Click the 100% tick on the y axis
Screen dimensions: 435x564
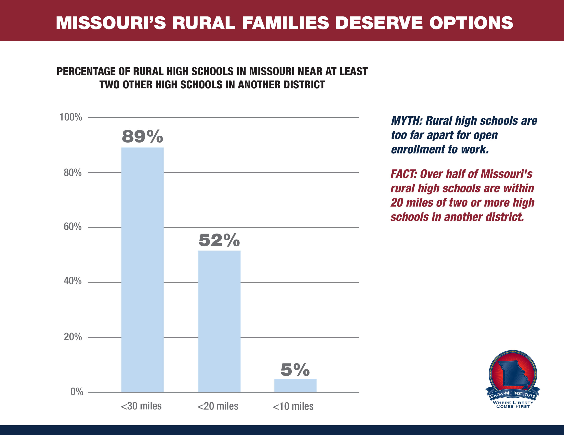71,117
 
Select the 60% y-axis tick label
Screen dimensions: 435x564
72,227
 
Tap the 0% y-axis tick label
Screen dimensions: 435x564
77,392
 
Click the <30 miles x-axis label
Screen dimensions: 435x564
141,406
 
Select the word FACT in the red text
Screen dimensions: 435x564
404,174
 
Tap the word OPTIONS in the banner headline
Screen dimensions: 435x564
471,23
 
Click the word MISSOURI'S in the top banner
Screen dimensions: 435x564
111,23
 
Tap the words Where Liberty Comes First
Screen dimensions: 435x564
513,404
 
